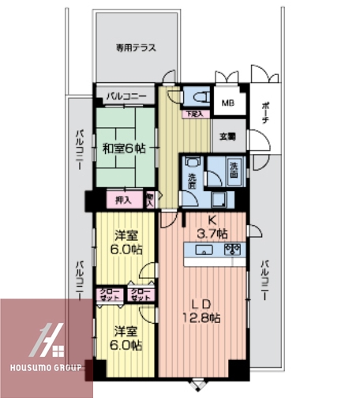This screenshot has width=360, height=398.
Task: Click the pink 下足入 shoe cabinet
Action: click(193, 115)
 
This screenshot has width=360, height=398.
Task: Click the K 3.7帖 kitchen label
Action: click(212, 227)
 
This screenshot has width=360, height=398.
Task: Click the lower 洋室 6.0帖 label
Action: click(126, 337)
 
